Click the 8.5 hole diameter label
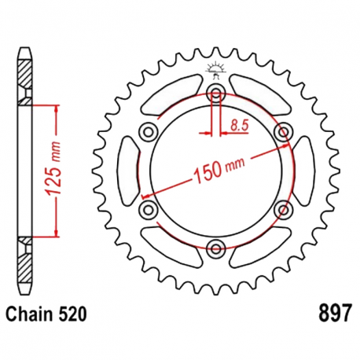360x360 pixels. (x=239, y=126)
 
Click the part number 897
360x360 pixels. (x=334, y=313)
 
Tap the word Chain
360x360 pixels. (x=29, y=314)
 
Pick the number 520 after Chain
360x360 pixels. (x=72, y=314)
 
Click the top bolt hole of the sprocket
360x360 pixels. (x=215, y=93)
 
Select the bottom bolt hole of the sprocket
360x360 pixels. (x=215, y=248)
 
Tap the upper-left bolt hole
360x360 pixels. (x=149, y=131)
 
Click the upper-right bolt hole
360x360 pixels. (x=283, y=131)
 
